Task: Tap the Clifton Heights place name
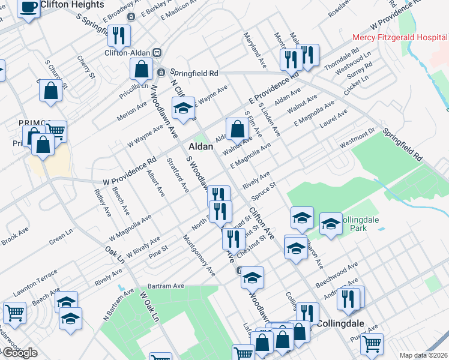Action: [73, 4]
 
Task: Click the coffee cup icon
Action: [28, 7]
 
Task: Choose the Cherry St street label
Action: [86, 67]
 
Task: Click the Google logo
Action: [19, 352]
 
